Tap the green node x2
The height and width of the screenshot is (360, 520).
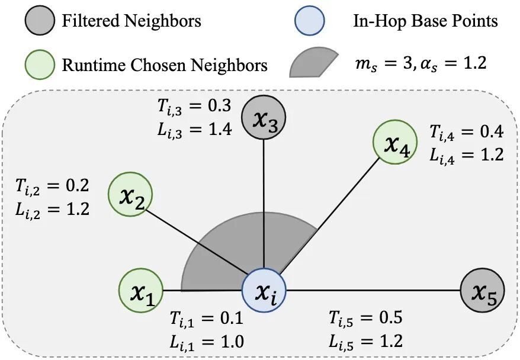pos(130,194)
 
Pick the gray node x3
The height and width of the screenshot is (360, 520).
pos(264,117)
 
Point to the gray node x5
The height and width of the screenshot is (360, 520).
pos(482,290)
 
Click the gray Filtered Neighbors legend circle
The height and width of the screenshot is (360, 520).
pos(40,21)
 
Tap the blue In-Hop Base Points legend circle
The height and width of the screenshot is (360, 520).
pos(310,21)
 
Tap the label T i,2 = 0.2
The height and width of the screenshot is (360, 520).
pos(52,188)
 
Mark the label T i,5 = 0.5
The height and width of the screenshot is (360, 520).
pos(366,318)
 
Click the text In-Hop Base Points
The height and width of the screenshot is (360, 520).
pos(422,22)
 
